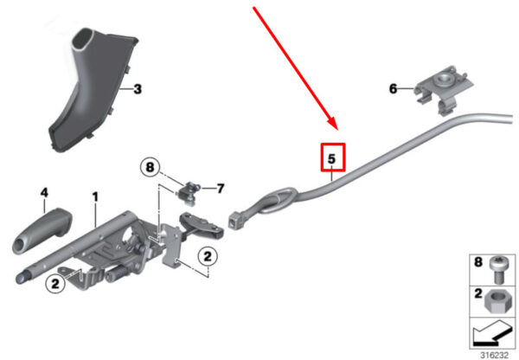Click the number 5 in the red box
click(331, 159)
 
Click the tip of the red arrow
click(336, 130)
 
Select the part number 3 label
click(138, 89)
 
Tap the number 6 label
click(393, 88)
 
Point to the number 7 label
click(221, 189)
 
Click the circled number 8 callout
click(150, 167)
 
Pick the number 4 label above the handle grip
click(44, 193)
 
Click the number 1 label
click(95, 197)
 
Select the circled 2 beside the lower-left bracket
click(55, 284)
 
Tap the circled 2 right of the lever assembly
click(208, 256)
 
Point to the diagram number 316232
click(494, 355)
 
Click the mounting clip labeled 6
click(444, 89)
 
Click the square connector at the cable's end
click(234, 220)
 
